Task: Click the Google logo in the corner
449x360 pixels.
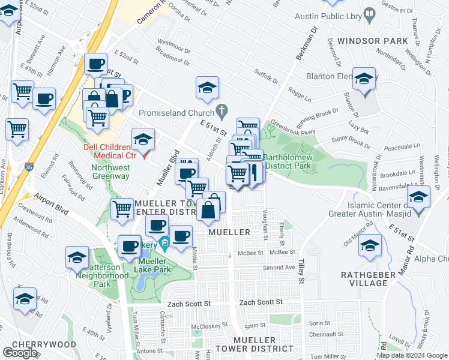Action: pos(19,353)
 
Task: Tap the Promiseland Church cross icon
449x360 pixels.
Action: pos(222,112)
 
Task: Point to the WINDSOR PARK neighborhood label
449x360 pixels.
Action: pos(372,41)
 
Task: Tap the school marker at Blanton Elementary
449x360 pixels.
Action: pos(364,80)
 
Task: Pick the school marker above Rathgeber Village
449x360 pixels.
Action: pos(370,246)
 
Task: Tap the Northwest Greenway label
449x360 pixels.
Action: pos(110,172)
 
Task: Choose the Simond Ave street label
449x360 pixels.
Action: pos(282,268)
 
